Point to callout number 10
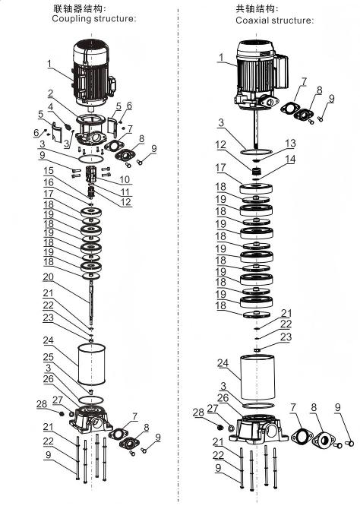(125, 179)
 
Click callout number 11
(125, 191)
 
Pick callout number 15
(49, 171)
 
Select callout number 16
(49, 182)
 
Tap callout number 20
(49, 277)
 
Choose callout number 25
(49, 357)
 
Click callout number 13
(291, 143)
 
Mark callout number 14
(291, 159)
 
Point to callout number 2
(50, 93)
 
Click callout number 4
(50, 107)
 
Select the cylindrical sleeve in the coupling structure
(92, 364)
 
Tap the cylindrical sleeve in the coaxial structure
(257, 377)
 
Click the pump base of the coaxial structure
(258, 429)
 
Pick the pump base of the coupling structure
(90, 419)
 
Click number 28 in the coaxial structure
(199, 413)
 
